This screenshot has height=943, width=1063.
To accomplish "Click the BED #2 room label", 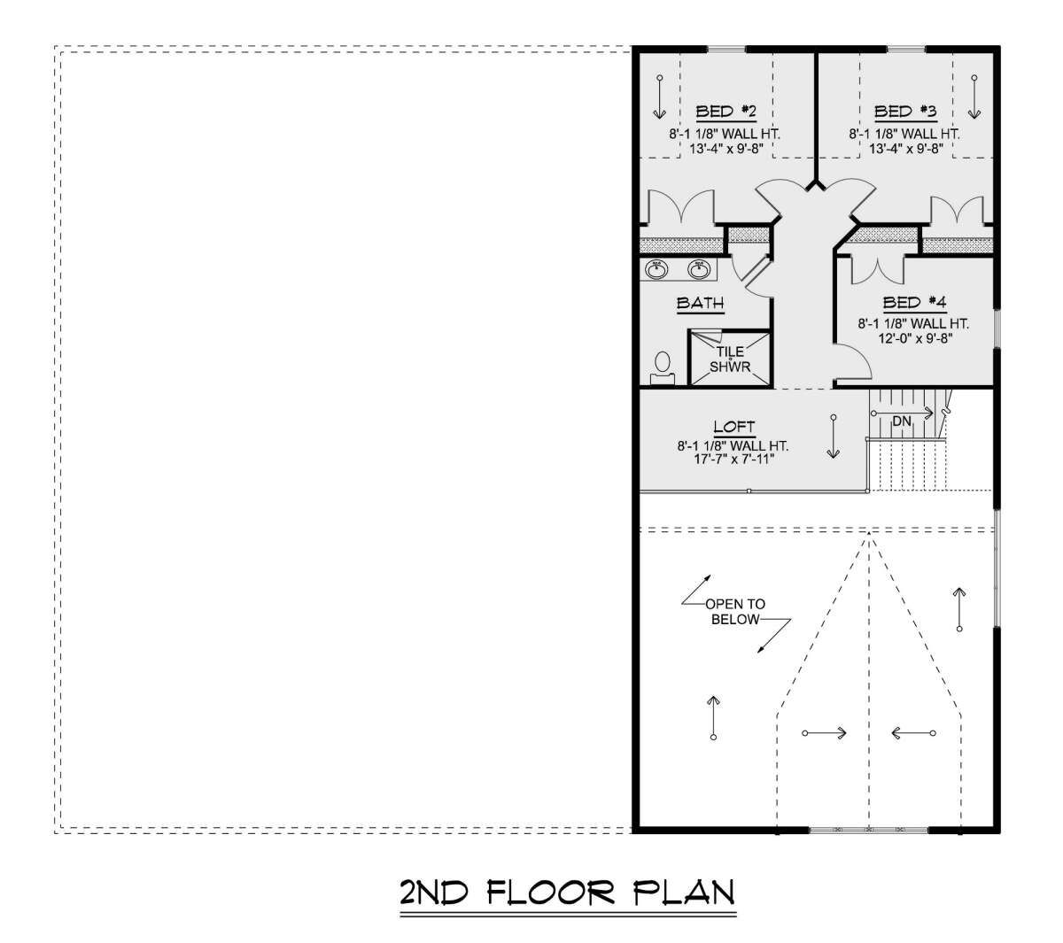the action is click(x=725, y=112).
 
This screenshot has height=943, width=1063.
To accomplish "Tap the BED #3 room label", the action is click(x=905, y=112).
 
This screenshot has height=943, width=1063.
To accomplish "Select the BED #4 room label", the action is click(x=914, y=303).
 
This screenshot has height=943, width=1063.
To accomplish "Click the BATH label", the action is click(x=701, y=303).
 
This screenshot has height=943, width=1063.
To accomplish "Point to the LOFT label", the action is click(x=734, y=427).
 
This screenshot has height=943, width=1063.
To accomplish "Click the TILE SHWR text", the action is click(x=730, y=359).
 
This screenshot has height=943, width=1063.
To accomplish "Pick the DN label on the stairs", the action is click(x=902, y=421).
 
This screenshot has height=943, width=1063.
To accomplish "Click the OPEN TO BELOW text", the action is click(x=735, y=612).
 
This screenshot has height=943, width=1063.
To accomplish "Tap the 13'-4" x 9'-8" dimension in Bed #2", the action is click(x=726, y=149).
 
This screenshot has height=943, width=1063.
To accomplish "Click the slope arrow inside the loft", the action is click(x=834, y=437).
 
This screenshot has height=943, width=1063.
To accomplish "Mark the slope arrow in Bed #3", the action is click(x=974, y=97).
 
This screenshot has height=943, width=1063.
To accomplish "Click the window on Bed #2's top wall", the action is click(x=726, y=50).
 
